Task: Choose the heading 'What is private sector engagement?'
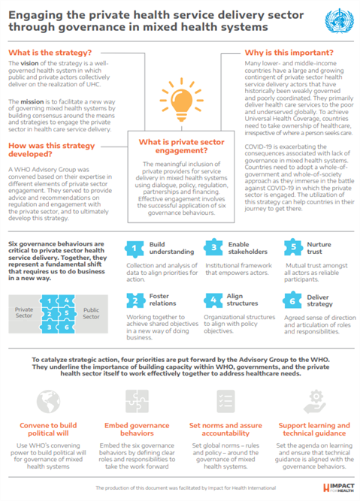[x=179, y=148]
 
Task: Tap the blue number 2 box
[x=132, y=300]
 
